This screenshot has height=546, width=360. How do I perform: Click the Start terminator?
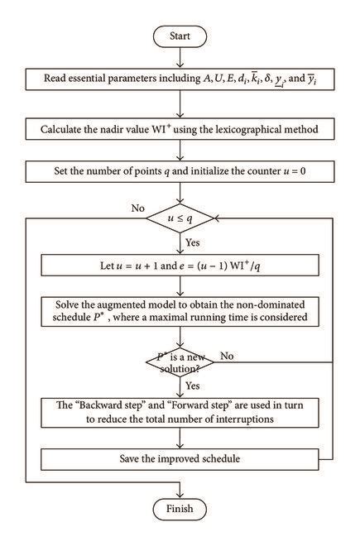[x=179, y=36]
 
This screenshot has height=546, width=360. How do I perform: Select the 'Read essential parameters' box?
[x=179, y=80]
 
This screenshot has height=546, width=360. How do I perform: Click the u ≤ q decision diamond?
[x=180, y=219]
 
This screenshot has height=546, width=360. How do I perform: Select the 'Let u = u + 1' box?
[x=179, y=266]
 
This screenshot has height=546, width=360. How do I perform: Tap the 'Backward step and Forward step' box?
[x=179, y=411]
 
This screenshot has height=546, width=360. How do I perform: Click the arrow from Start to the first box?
[x=179, y=58]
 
